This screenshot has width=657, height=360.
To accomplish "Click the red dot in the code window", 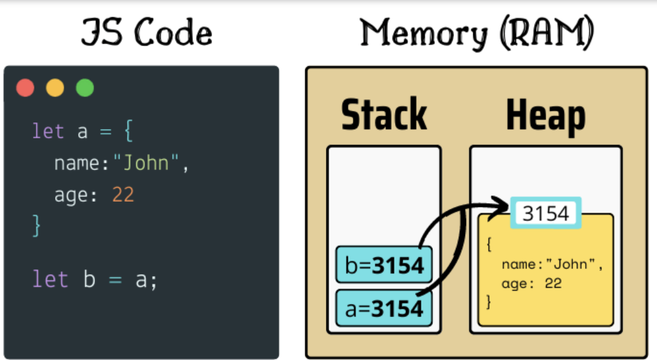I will tap(26, 88).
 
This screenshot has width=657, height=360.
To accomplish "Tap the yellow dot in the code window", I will tap(55, 88).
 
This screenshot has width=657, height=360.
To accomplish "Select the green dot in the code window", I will tap(85, 88).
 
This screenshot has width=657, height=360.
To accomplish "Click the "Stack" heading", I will tap(384, 115).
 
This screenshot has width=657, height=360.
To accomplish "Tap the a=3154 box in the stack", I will tap(384, 308).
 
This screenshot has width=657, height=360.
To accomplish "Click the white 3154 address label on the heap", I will tap(546, 213).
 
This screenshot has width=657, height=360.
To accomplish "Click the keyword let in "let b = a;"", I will tap(49, 280).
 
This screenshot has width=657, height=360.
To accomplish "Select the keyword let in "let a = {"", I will tap(49, 132).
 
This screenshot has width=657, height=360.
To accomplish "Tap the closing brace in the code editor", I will tap(36, 225).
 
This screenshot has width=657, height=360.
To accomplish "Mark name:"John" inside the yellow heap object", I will tap(553, 264).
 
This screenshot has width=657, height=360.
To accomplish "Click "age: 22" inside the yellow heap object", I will tap(531, 282).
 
